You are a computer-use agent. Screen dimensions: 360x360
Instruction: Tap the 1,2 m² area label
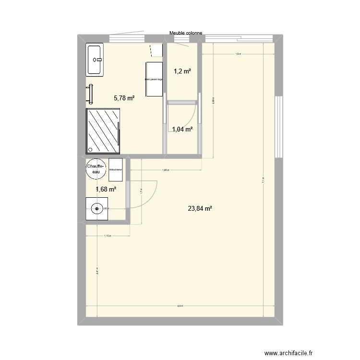coord(182,72)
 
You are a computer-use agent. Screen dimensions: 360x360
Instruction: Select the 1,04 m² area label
coord(182,129)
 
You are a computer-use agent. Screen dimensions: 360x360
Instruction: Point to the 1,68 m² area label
coord(106,189)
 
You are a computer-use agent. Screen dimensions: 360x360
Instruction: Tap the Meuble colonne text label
coord(186,34)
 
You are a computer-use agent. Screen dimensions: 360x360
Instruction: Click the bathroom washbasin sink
coord(95,60)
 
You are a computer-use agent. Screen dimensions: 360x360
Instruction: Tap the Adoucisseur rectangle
coord(116,169)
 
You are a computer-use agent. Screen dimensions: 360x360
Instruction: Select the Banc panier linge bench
coord(154,79)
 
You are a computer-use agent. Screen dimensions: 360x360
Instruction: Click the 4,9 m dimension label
coord(180,306)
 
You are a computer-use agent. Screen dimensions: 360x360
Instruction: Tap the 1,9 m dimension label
coord(238,55)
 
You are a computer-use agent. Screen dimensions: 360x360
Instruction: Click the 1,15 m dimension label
coord(108,236)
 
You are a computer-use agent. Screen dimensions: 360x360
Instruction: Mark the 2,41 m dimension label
coord(97,270)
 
